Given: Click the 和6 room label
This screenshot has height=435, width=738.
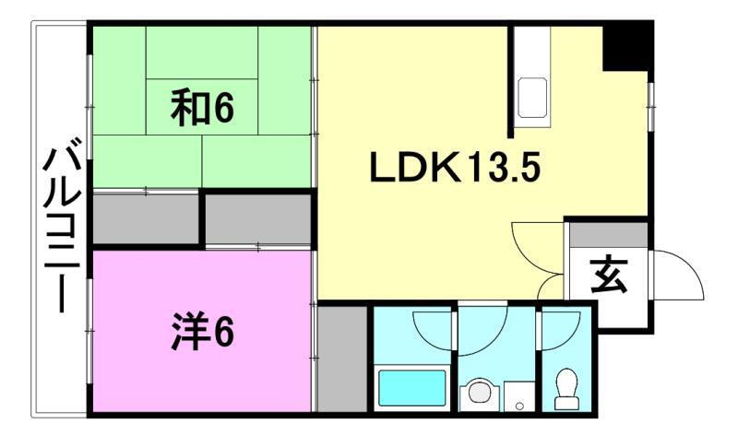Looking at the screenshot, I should tap(201, 109).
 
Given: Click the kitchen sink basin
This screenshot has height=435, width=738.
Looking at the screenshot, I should tap(532, 98).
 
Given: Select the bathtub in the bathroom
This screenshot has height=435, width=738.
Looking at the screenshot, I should tap(411, 388).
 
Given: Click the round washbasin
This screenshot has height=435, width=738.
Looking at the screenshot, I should tap(479, 394).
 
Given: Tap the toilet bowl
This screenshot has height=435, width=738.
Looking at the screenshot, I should tap(566, 387).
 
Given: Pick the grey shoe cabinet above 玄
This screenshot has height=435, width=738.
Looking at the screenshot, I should tap(608, 234).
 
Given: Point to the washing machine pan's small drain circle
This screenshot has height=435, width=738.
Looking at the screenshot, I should tap(519, 403).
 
